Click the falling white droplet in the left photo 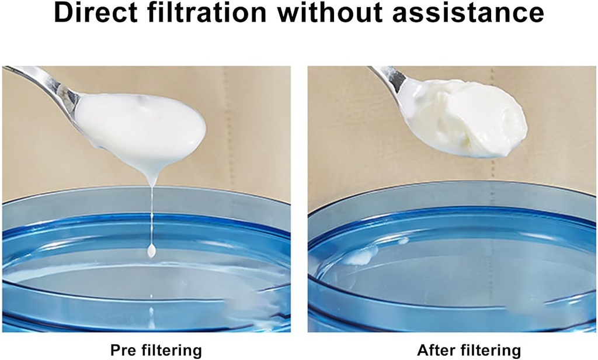(x=152, y=251)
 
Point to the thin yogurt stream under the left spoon (x=152, y=210)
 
